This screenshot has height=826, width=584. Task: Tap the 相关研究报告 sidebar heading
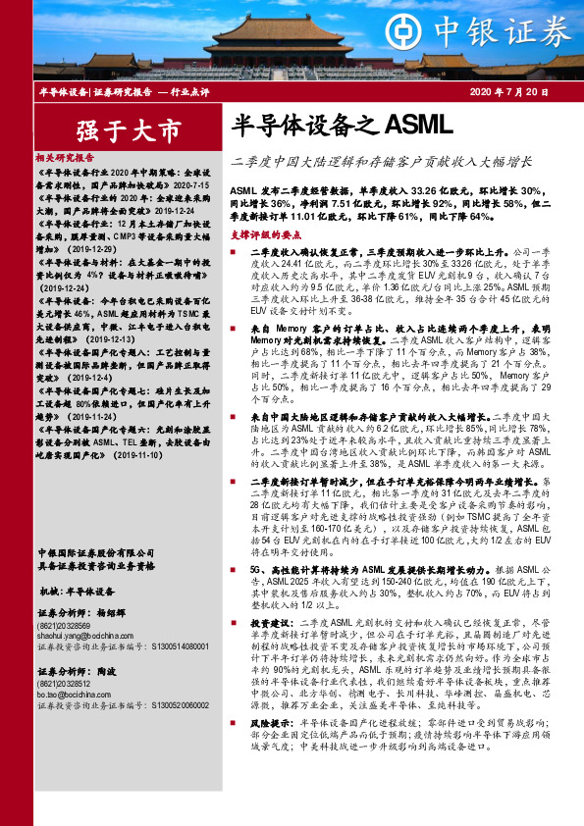click(x=65, y=157)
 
